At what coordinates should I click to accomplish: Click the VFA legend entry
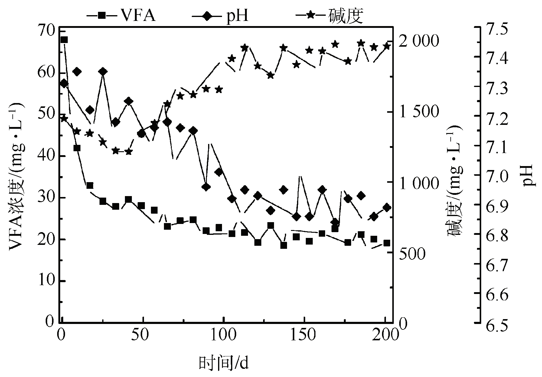coord(121,16)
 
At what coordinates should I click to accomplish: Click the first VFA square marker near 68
coord(64,40)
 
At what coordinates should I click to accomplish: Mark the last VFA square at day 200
coord(387,243)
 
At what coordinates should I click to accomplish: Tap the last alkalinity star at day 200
coord(387,46)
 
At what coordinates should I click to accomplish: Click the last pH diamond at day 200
coord(387,208)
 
